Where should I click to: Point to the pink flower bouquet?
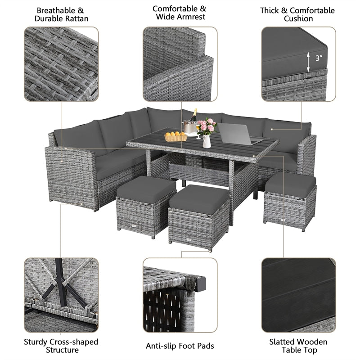click(x=207, y=126)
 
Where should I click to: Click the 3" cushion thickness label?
click(x=319, y=58)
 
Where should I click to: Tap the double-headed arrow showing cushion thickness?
click(x=309, y=61)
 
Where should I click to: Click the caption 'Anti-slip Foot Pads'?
click(x=180, y=346)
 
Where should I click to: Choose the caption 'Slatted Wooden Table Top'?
click(x=299, y=346)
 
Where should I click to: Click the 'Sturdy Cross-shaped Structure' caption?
click(x=61, y=346)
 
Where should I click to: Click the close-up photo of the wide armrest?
click(x=180, y=63)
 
